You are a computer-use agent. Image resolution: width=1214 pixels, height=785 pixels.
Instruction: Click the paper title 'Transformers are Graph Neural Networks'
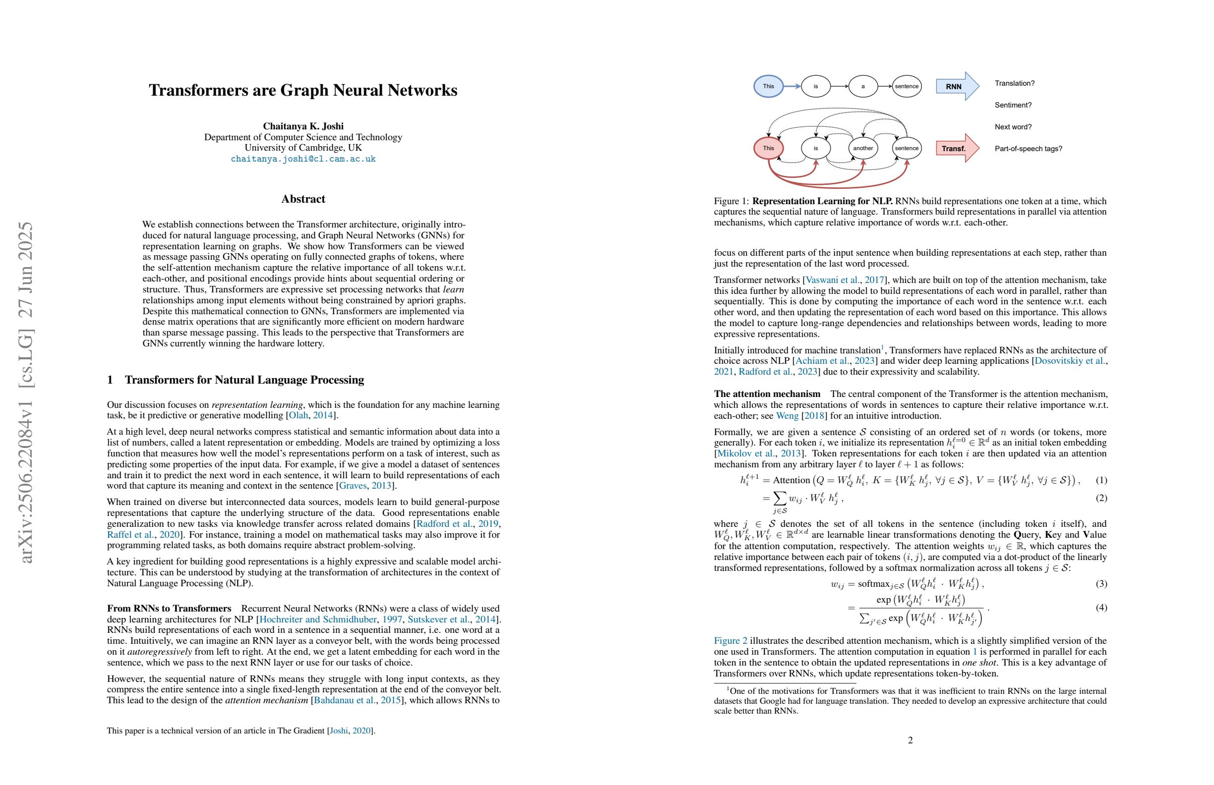(303, 90)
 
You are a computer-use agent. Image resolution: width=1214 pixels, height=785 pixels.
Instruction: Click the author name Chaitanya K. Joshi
(303, 126)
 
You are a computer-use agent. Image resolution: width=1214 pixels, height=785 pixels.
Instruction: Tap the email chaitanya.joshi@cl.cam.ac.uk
(303, 159)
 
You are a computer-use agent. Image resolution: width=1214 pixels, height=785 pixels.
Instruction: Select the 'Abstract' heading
(303, 199)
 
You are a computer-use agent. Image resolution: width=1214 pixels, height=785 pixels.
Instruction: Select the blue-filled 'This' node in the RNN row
(768, 86)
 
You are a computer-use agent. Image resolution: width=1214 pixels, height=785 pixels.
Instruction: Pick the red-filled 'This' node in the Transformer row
(768, 148)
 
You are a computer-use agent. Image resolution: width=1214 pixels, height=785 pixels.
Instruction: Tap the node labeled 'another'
(863, 148)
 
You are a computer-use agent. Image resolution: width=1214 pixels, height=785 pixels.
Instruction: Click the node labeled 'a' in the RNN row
(863, 86)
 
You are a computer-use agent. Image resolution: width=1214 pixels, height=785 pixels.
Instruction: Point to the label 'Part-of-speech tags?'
(1029, 149)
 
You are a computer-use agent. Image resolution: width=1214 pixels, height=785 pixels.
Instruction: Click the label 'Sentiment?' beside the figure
(1013, 105)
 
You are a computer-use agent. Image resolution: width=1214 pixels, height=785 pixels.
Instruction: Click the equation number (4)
(1101, 608)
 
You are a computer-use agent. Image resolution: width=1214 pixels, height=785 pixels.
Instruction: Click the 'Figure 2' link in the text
(730, 641)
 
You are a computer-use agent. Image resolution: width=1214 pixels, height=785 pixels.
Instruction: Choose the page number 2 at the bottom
(910, 739)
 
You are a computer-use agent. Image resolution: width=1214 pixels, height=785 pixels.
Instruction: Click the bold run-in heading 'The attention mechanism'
(767, 394)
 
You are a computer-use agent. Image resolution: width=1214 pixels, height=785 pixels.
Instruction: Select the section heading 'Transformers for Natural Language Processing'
(244, 380)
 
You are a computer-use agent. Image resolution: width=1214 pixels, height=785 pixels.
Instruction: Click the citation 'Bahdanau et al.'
(344, 700)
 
